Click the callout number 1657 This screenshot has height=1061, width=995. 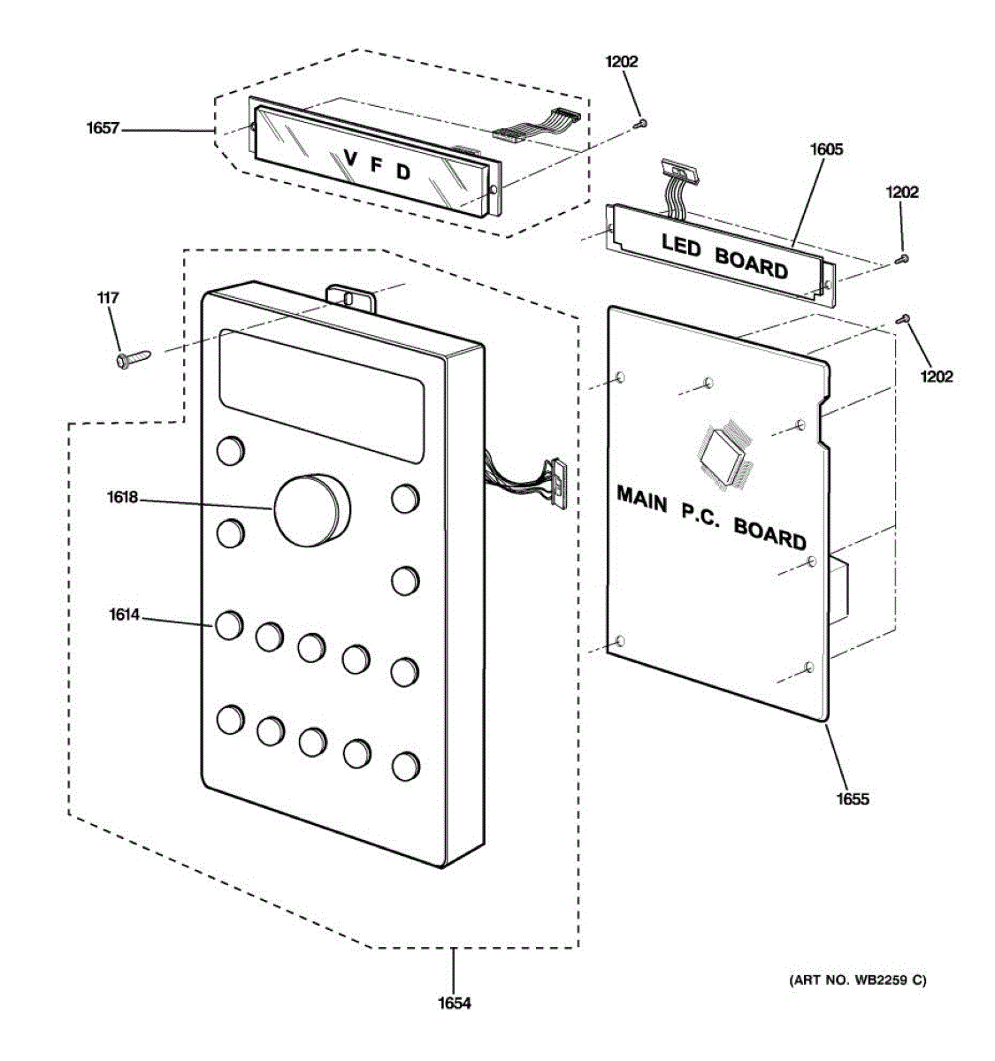click(x=103, y=129)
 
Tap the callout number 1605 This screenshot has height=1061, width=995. click(x=826, y=149)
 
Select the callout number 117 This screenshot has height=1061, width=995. click(x=108, y=298)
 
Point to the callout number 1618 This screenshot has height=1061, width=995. click(x=123, y=498)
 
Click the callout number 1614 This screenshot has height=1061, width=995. click(x=125, y=614)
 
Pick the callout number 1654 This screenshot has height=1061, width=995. click(x=455, y=1004)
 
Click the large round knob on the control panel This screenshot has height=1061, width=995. click(x=312, y=510)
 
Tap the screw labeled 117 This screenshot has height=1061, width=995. click(x=134, y=358)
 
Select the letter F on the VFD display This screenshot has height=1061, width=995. click(x=377, y=165)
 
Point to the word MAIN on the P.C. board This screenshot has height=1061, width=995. click(x=642, y=500)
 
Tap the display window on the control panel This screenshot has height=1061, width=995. click(x=322, y=396)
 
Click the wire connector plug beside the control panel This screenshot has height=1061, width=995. click(x=556, y=484)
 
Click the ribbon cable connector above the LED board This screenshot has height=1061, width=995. click(x=680, y=170)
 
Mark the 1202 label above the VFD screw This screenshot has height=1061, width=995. click(x=621, y=62)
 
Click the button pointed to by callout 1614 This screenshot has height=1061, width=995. click(x=229, y=626)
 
